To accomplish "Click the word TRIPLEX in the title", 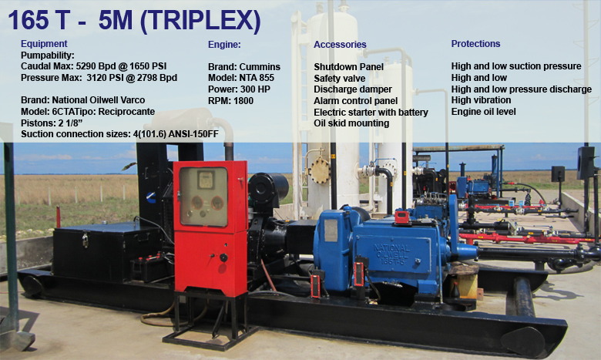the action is (200, 20).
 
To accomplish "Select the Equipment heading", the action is (44, 44).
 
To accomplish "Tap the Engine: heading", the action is (224, 45).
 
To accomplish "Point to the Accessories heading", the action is (340, 45).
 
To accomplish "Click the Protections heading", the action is (475, 44).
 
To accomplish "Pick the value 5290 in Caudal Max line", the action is (86, 66).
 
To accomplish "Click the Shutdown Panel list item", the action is (348, 67).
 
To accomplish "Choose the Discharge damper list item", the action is (353, 89).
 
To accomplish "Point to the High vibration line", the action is (481, 100).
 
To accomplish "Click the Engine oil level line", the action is (483, 112).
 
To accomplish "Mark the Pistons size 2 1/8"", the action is (70, 123).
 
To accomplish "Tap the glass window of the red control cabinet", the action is (203, 197).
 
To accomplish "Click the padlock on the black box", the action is (85, 241).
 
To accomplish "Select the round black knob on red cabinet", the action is (223, 257).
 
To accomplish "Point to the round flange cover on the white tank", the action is (319, 171).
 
